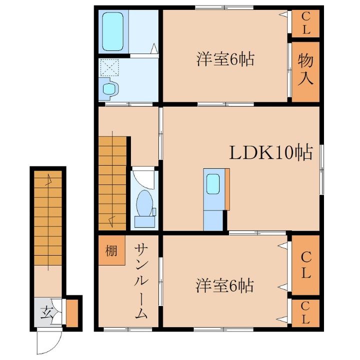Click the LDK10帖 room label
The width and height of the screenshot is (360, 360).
pos(271,152)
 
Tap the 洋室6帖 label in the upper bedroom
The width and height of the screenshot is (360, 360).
pos(224,59)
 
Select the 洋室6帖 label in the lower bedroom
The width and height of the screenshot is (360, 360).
pos(224,286)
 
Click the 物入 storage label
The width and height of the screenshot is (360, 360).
pos(305,69)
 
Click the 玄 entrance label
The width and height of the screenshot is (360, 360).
pos(46,313)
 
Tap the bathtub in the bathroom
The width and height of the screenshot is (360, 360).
pos(113,32)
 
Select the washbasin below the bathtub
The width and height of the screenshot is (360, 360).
pos(109,88)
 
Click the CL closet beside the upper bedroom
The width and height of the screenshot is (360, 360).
pos(305,23)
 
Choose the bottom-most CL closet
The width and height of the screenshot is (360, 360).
pos(305,313)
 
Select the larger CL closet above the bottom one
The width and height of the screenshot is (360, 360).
pos(305,265)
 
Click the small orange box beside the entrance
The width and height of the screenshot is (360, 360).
pos(73,312)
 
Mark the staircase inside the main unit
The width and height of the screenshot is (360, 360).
pos(112,183)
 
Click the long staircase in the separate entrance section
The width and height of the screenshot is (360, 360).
pos(48,220)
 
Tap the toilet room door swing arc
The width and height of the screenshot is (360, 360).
pos(145,177)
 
